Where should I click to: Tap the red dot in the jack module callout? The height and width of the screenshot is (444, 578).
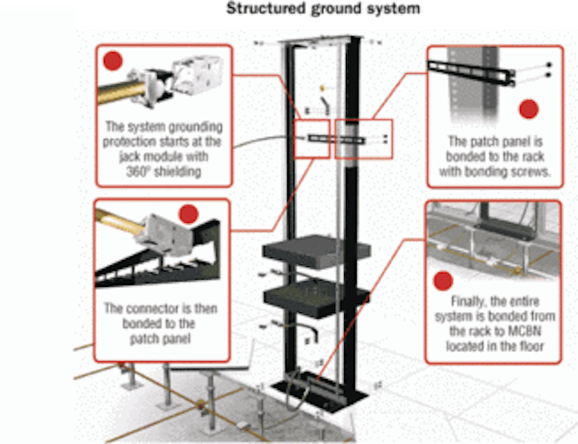[113, 61]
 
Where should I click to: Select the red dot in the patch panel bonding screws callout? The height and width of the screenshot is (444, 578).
[528, 109]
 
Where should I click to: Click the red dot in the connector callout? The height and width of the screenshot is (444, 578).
[188, 215]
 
